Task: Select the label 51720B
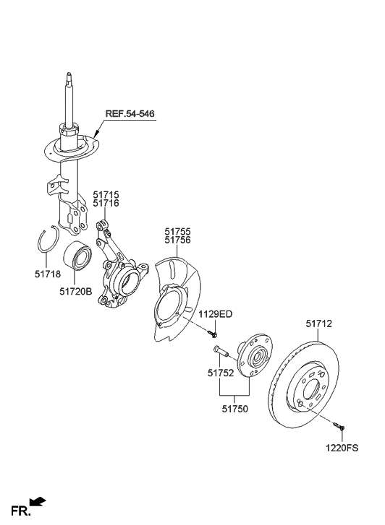[75, 292]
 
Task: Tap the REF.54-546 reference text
[130, 114]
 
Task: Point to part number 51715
[106, 195]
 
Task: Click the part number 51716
[106, 204]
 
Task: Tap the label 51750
[234, 408]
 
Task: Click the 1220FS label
[342, 448]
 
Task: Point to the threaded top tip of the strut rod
[69, 76]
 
